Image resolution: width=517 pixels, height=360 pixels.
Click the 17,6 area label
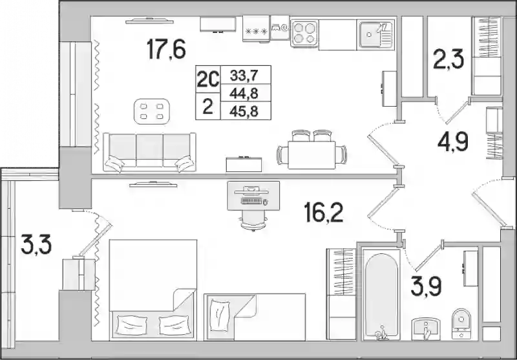click(x=167, y=49)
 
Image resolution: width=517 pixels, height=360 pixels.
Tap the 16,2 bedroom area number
click(x=324, y=212)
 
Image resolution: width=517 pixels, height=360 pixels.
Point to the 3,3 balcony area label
click(x=36, y=244)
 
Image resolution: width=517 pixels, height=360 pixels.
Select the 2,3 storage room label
click(x=448, y=59)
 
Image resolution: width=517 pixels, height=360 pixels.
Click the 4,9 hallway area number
click(x=453, y=141)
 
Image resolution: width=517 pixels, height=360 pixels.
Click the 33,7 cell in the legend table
click(x=244, y=76)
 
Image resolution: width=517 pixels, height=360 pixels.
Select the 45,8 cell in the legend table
click(x=244, y=111)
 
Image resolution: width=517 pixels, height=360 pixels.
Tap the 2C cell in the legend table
click(x=207, y=79)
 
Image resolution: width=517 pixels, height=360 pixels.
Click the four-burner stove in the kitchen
click(x=304, y=33)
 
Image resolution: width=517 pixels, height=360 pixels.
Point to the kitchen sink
click(x=376, y=34)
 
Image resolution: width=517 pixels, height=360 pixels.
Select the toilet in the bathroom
click(x=461, y=324)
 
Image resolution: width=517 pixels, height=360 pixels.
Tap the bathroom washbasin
click(x=425, y=329)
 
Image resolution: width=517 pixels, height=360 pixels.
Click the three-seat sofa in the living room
click(x=149, y=152)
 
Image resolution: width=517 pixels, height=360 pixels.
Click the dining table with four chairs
click(x=311, y=150)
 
